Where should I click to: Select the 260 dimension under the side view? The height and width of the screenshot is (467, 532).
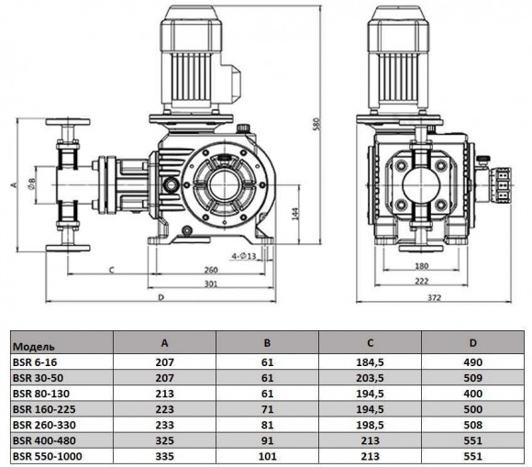211,271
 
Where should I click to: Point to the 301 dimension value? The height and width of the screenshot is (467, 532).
211,285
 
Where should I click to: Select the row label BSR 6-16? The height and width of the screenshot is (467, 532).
34,362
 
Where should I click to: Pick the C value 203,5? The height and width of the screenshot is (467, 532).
370,377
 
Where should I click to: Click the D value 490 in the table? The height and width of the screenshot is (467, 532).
473,362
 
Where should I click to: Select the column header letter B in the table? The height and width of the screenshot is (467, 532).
267,344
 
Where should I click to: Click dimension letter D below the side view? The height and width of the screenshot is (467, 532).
161,298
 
